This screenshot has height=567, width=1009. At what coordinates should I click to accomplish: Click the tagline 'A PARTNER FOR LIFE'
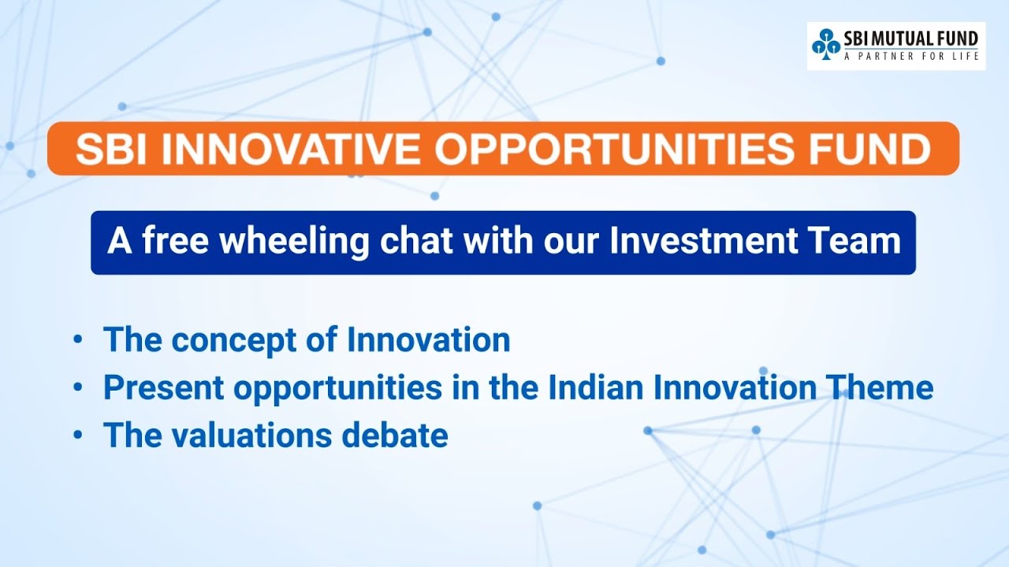click(x=910, y=57)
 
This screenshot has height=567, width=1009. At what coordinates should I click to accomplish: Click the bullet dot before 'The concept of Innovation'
click(x=77, y=340)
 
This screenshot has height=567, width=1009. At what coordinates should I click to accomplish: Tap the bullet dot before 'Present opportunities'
click(x=77, y=388)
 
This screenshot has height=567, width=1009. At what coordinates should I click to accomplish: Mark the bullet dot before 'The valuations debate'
click(x=77, y=435)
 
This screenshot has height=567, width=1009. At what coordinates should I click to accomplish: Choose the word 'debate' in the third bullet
click(x=403, y=435)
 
